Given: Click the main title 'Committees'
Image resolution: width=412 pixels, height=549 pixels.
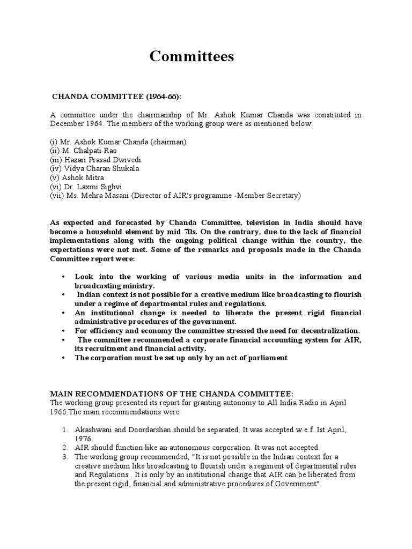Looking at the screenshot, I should pos(192,56).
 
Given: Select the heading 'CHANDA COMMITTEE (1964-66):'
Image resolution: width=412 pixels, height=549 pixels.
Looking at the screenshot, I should pos(116,96).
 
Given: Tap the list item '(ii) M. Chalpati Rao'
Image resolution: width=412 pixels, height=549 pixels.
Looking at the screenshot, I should pos(84,151).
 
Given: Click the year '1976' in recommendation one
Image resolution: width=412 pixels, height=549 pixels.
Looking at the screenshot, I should pos(84,438).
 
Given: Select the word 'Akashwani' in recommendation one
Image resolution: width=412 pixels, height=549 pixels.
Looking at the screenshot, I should pos(92,429).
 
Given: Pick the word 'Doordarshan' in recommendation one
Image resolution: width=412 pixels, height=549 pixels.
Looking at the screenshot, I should pos(144,429).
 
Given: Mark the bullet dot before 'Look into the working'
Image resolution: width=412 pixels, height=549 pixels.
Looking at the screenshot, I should pos(63,277).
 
